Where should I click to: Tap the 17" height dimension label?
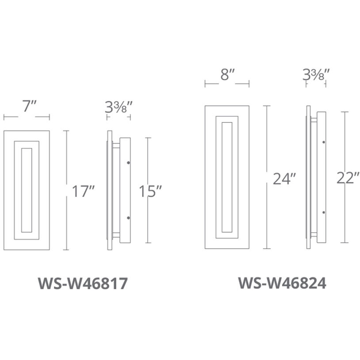coord(84,191)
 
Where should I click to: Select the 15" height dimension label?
coord(150,191)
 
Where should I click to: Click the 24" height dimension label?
coord(283,179)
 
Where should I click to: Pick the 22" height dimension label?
coord(348,178)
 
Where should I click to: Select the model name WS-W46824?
coord(282,283)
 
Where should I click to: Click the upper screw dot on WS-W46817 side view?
coord(128,162)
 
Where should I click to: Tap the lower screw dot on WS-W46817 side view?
coord(128,218)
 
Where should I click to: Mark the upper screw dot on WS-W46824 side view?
coord(324,142)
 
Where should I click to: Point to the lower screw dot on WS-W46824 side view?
coord(324,213)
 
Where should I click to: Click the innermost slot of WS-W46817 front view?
coord(27,190)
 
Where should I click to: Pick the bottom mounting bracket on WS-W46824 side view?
coord(314,234)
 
